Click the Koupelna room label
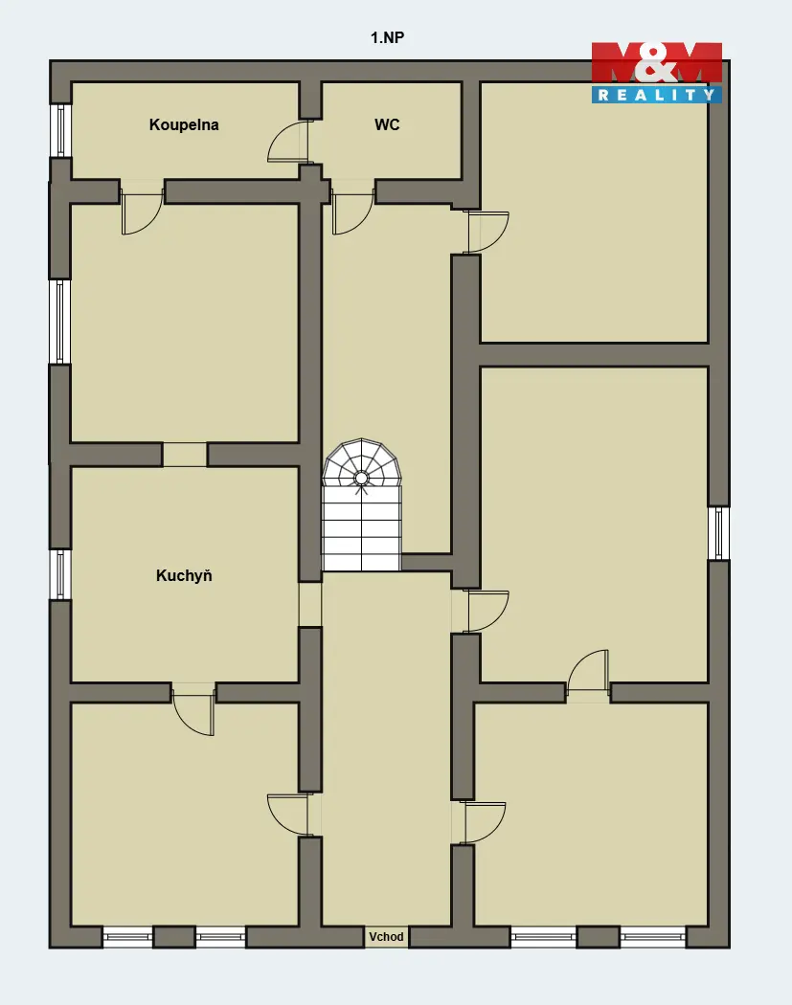(184, 125)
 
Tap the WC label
(387, 124)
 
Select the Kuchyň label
(184, 575)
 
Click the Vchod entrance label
(386, 936)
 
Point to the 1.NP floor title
(387, 38)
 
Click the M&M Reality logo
(657, 73)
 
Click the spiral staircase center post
(361, 479)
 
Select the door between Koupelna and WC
(288, 141)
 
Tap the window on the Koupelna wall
(60, 130)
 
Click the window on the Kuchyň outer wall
(60, 574)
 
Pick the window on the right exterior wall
(719, 532)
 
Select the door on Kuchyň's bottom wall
(193, 708)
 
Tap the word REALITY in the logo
(657, 95)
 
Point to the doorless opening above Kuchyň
(185, 455)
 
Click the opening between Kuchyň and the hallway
(309, 604)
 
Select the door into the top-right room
(488, 232)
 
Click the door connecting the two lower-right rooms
(588, 672)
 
